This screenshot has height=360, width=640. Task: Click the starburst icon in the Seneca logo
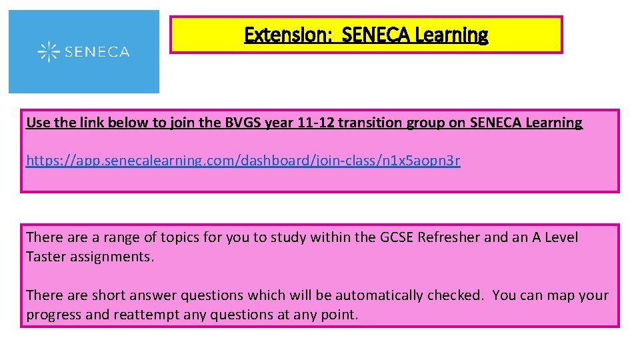click(48, 51)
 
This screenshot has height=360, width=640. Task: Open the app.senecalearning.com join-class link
click(243, 161)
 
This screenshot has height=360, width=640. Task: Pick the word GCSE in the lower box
click(397, 237)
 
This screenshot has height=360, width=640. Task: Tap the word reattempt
click(141, 315)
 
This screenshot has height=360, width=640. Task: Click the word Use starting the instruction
click(37, 123)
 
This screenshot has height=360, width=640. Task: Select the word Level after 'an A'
click(561, 237)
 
